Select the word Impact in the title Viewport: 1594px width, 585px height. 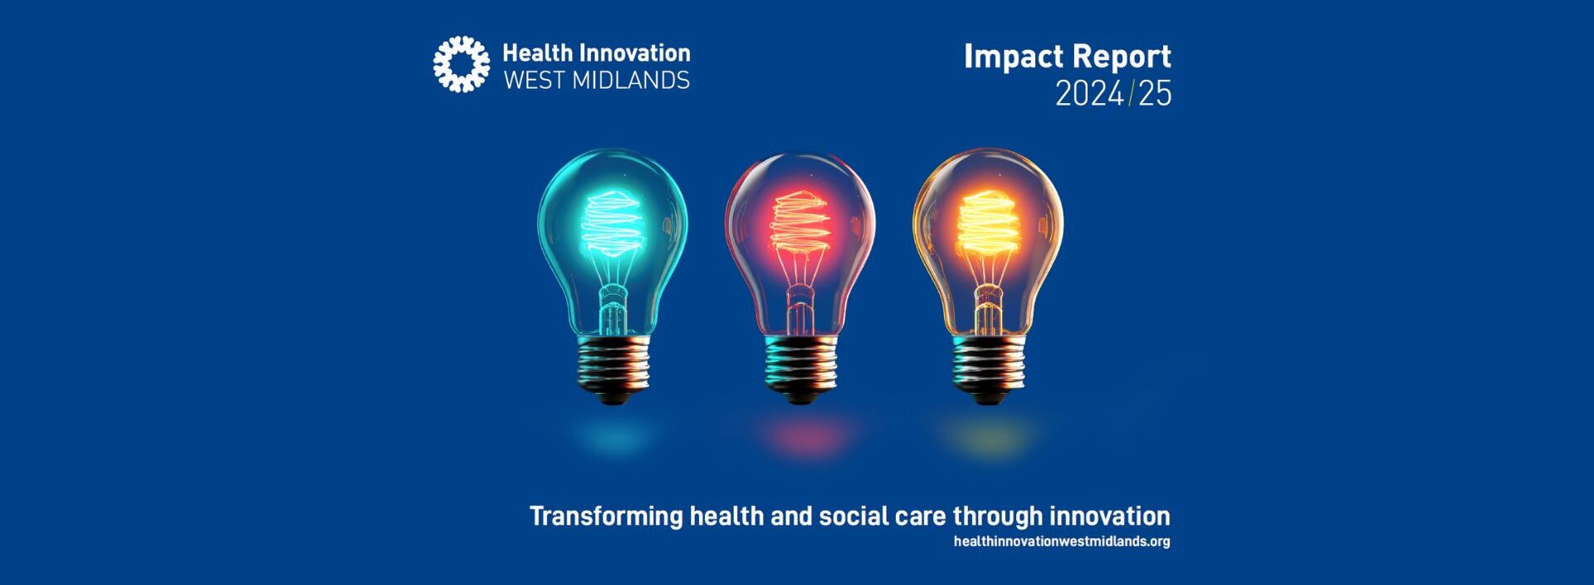[x=1013, y=57]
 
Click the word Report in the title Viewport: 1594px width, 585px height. [x=1120, y=57]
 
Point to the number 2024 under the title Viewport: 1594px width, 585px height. [x=1089, y=94]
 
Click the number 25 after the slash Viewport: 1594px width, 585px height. [x=1155, y=94]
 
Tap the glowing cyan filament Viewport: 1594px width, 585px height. [x=613, y=224]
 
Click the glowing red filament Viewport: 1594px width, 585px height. [x=799, y=224]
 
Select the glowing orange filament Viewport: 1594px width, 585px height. [x=988, y=224]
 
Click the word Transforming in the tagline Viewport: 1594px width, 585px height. [x=606, y=517]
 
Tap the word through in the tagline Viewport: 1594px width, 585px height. [x=997, y=517]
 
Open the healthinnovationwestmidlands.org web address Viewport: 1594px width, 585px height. [x=1062, y=542]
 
